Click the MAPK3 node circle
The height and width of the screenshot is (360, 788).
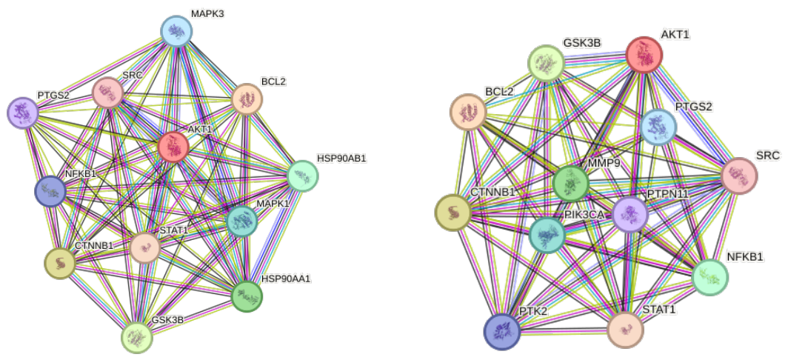176,31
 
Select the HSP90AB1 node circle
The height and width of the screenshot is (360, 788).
302,176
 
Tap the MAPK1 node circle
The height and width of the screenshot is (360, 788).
241,221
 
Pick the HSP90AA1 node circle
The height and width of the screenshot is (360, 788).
247,296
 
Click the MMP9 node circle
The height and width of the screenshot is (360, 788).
571,184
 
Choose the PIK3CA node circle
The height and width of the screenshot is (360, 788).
547,235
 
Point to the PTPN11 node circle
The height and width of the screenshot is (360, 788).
630,214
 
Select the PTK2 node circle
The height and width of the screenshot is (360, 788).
502,331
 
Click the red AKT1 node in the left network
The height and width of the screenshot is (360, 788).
173,147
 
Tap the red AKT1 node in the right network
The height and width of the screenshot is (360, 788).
644,55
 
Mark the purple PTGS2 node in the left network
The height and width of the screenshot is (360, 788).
23,113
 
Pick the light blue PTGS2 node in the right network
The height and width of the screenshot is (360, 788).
658,127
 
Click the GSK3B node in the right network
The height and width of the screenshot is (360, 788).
547,64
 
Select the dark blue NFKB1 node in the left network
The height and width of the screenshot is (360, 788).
50,192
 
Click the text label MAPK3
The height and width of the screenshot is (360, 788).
207,13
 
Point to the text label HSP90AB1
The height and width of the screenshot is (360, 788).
341,159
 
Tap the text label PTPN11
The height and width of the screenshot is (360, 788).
653,193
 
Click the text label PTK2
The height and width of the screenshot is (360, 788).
534,311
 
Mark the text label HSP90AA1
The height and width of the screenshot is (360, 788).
286,278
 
